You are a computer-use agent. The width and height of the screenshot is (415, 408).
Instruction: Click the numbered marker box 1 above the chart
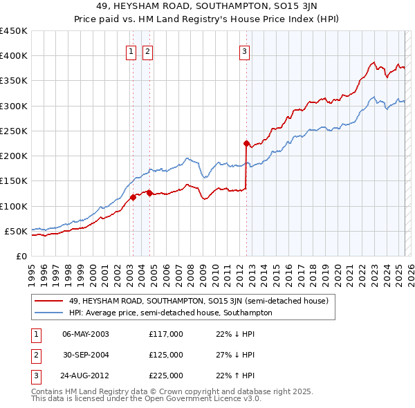pyautogui.click(x=131, y=50)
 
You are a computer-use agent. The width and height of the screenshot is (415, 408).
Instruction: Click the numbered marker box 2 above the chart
pyautogui.click(x=148, y=50)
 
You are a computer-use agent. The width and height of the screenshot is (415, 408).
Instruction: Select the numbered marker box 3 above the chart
pyautogui.click(x=245, y=50)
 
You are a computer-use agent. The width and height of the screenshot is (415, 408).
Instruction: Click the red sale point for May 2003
pyautogui.click(x=133, y=198)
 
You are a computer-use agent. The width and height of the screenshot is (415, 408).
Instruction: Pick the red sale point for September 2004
pyautogui.click(x=149, y=194)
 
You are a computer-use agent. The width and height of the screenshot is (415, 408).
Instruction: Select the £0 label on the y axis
pyautogui.click(x=21, y=256)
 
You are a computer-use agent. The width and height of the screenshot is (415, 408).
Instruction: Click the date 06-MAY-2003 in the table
pyautogui.click(x=86, y=334)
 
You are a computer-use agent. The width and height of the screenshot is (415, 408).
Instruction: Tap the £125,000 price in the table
pyautogui.click(x=166, y=355)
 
